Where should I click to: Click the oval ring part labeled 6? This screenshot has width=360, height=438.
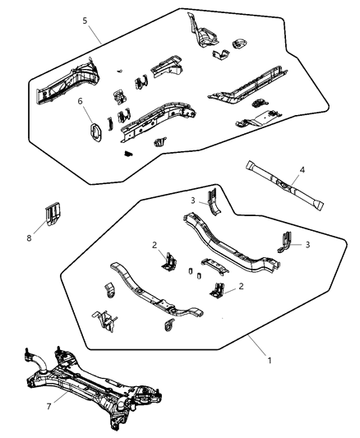(x=94, y=133)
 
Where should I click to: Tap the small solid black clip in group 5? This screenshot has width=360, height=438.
(x=128, y=154)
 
